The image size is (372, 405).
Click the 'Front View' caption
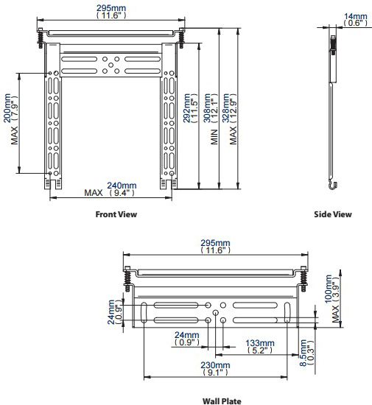(x=116, y=214)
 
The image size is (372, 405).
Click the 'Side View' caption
(x=334, y=214)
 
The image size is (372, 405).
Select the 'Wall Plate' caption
(x=222, y=401)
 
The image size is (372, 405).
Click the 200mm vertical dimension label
(x=8, y=112)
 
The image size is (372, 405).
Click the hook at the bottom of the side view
(x=333, y=186)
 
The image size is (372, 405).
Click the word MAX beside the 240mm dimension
(x=94, y=194)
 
